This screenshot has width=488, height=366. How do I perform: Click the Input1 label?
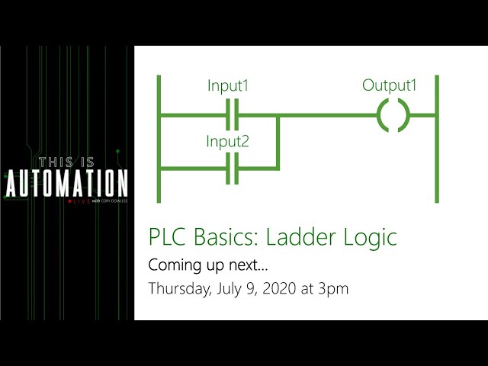pyautogui.click(x=228, y=86)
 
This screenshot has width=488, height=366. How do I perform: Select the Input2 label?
pyautogui.click(x=227, y=141)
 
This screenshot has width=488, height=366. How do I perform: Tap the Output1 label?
pyautogui.click(x=390, y=85)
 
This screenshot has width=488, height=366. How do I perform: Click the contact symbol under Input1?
pyautogui.click(x=234, y=116)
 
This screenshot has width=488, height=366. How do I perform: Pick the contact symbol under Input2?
pyautogui.click(x=234, y=168)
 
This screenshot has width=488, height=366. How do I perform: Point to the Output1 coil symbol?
pyautogui.click(x=393, y=116)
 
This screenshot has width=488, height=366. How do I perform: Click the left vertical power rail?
pyautogui.click(x=159, y=139)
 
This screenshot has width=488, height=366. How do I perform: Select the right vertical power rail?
pyautogui.click(x=436, y=139)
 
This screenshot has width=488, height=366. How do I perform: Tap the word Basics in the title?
pyautogui.click(x=221, y=237)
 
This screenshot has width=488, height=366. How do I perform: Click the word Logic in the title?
pyautogui.click(x=368, y=238)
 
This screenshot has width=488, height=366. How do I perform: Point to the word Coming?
pyautogui.click(x=172, y=266)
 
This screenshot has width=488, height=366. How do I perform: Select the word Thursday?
pyautogui.click(x=177, y=289)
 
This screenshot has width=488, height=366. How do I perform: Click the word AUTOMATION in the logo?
pyautogui.click(x=67, y=184)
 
